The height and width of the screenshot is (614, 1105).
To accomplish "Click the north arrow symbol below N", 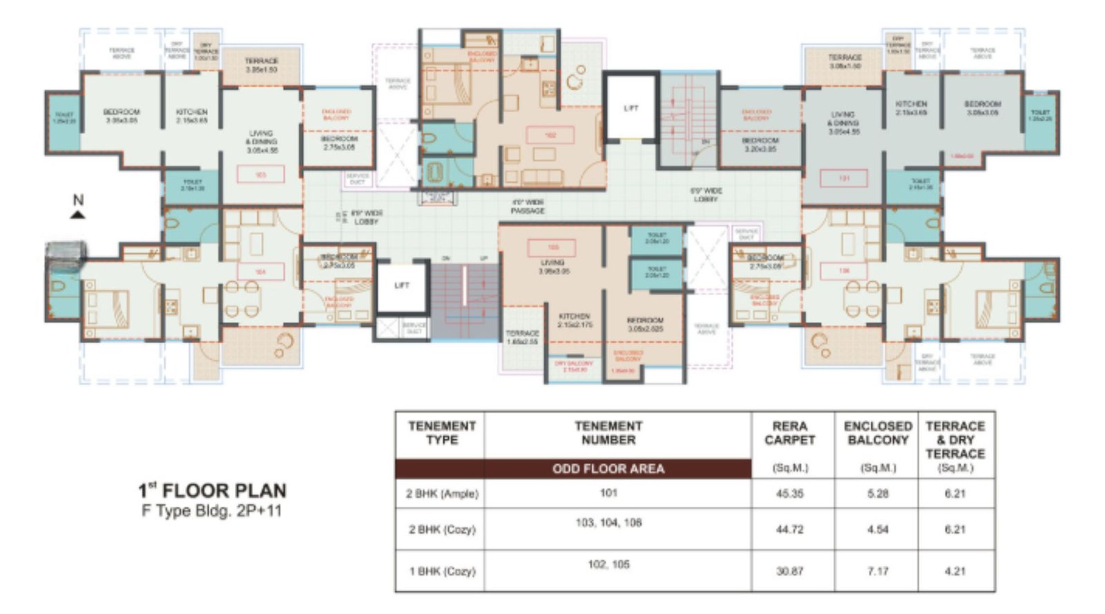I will tap(78, 215).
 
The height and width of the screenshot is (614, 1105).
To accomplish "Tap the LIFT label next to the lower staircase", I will tap(401, 285).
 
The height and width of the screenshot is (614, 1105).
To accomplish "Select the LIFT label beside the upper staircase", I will tap(631, 108).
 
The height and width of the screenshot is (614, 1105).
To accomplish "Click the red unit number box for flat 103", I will tap(260, 175).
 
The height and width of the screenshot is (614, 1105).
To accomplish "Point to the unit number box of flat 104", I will tap(260, 272).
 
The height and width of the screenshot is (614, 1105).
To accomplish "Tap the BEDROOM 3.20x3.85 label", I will tap(760, 144).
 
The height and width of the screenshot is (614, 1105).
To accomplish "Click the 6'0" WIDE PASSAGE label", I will tap(528, 207).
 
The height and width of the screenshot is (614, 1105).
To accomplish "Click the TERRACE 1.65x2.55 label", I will tap(522, 337).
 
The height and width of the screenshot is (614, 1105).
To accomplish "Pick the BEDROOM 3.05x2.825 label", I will tap(645, 325).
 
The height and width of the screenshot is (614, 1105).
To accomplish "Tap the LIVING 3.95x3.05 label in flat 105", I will tap(552, 267).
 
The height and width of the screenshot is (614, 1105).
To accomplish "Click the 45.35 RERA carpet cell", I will tap(789, 494).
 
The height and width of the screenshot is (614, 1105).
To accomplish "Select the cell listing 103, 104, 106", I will tap(608, 523).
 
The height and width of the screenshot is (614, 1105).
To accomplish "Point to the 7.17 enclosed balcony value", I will tap(878, 571).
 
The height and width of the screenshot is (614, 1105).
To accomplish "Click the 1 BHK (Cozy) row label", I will tap(442, 571).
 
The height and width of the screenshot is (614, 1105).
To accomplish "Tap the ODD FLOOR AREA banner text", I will tap(608, 469).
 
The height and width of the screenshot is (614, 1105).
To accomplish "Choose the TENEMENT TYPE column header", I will tap(442, 433).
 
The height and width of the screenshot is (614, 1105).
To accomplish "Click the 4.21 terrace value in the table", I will tap(955, 571).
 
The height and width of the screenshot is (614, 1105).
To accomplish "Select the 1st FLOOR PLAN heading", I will tap(212, 491).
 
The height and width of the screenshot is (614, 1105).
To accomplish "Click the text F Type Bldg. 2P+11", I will tap(212, 512).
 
